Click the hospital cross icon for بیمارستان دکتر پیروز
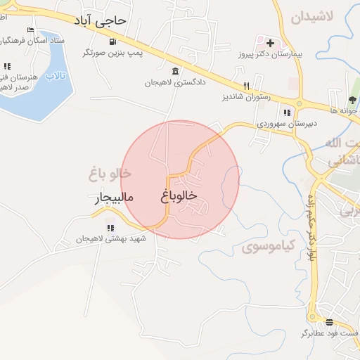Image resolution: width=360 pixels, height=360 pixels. pos(270,43)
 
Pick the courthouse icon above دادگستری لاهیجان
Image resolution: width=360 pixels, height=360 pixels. pos(174,71)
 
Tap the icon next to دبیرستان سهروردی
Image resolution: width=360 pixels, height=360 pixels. pos(286,112)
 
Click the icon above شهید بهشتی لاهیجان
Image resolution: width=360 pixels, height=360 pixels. pos(110,227)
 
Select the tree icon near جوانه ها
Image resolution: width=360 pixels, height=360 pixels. pos(353,98)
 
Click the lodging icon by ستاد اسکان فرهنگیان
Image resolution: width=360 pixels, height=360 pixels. pos(30,30)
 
